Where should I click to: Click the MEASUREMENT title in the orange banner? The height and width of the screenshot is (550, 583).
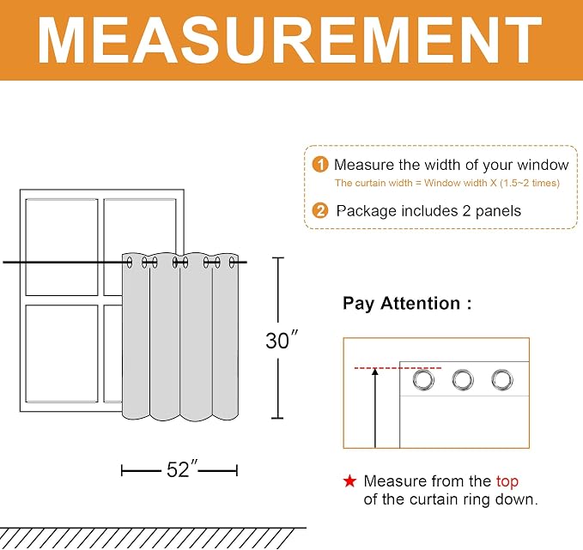coord(289,40)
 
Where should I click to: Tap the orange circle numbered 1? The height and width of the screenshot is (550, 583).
coord(320,164)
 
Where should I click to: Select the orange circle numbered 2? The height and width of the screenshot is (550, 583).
coord(320,211)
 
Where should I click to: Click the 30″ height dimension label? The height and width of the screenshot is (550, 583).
coord(282,340)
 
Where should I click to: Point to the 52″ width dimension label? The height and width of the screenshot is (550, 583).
coord(182,469)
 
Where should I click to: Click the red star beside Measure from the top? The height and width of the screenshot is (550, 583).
coord(349,480)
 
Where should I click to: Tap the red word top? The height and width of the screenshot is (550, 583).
coord(507,482)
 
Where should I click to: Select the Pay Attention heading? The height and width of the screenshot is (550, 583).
coord(407,303)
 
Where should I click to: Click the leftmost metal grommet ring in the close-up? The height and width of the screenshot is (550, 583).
coord(423,380)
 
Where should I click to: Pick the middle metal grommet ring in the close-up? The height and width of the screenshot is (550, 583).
coord(463,380)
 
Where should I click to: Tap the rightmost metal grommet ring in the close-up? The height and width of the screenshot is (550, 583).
coord(502,380)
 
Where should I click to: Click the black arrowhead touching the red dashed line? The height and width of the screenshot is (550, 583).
coord(375,372)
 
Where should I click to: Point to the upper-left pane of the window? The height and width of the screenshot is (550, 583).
coord(62,247)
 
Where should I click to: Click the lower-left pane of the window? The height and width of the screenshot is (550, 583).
coord(62,354)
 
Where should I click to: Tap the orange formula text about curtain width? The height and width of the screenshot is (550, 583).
coord(447,183)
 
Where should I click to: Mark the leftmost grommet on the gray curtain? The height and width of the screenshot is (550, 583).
coord(130,263)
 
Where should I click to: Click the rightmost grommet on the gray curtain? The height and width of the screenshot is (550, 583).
coord(232,263)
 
